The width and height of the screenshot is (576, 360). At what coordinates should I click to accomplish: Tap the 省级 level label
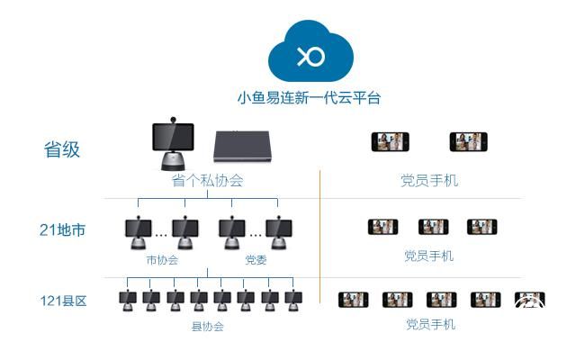63,149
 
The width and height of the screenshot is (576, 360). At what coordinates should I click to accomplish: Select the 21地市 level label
63,229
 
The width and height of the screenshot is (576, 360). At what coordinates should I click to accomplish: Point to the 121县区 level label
63,301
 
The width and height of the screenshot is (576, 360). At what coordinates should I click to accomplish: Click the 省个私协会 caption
207,180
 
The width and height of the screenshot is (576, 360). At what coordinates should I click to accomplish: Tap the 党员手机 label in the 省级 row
429,180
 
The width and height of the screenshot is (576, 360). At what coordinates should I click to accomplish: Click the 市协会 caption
162,260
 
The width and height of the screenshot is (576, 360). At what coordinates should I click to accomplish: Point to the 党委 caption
256,260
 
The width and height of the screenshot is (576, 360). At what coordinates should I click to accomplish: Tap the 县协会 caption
209,326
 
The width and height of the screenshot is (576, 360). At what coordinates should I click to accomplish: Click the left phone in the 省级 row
390,142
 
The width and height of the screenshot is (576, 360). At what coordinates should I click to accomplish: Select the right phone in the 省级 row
468,142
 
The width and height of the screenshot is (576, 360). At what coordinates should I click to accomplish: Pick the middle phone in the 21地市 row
433,227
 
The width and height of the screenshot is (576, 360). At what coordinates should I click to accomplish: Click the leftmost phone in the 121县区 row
353,300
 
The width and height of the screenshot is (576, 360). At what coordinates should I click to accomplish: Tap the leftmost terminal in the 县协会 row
129,301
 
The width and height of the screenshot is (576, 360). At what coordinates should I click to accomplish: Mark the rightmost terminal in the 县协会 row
292,301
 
